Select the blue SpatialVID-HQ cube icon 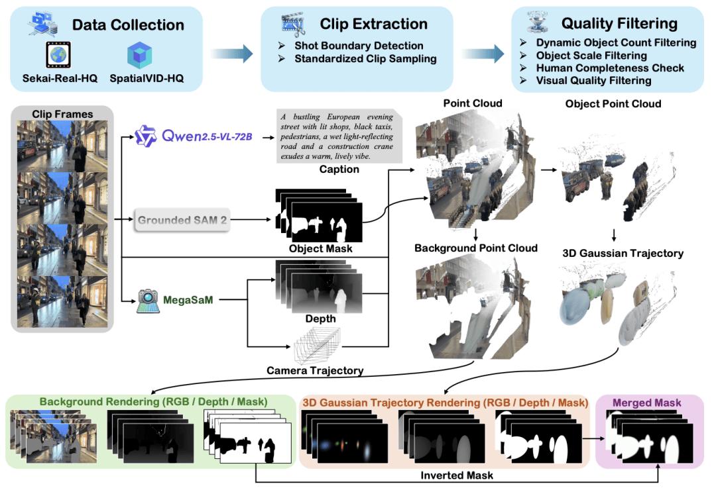pos(139,56)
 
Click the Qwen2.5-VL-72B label pos(206,136)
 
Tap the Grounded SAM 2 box pos(182,221)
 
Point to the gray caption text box pos(337,134)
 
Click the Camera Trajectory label pos(315,370)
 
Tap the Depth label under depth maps pos(320,319)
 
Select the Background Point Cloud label pos(475,248)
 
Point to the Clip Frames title pos(62,114)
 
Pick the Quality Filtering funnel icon pos(536,23)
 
